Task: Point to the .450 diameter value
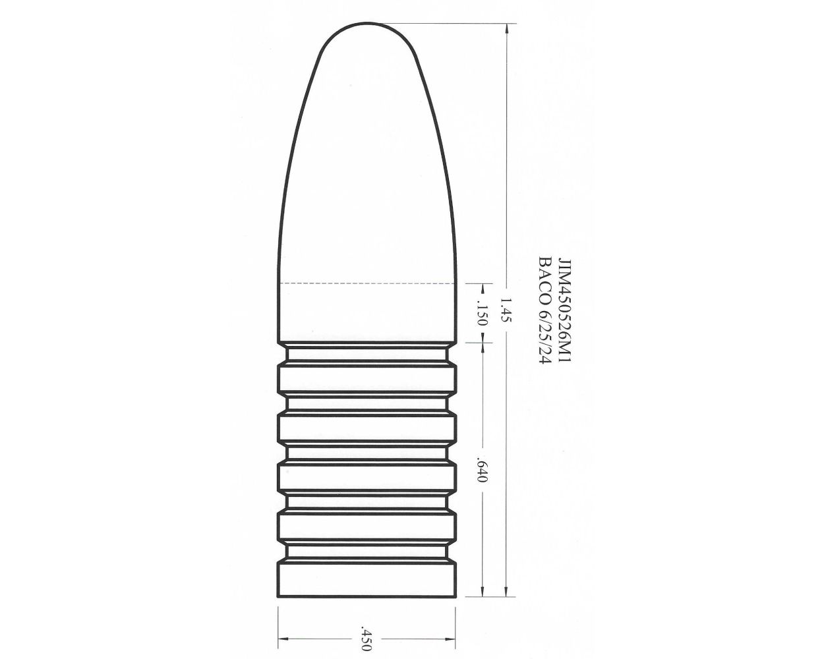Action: tap(367, 639)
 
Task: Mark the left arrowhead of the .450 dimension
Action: tap(282, 639)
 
